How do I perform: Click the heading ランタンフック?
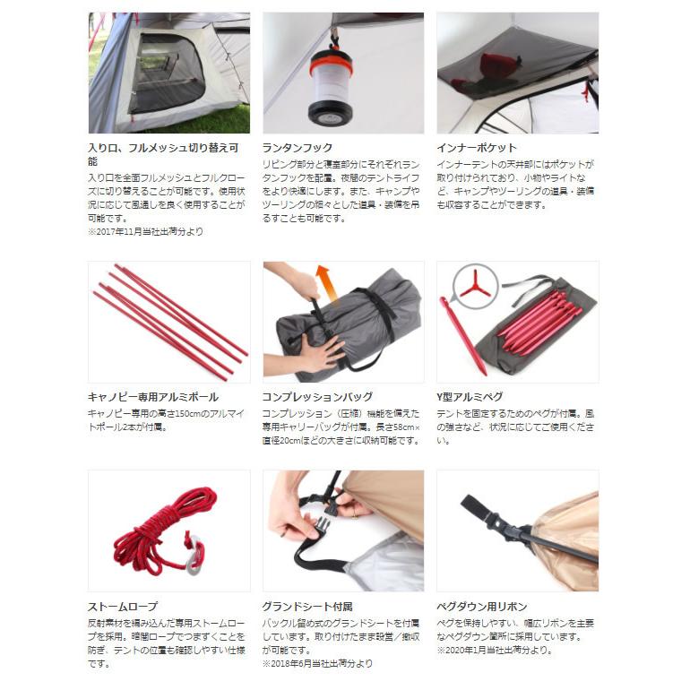point(297,148)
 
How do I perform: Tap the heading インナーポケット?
point(477,148)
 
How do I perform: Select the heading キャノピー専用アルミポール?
point(153,397)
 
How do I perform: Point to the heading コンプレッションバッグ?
point(318,397)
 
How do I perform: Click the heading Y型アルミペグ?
point(470,397)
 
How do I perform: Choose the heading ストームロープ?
point(122,607)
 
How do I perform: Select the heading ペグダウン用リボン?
point(482,607)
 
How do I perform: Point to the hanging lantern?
point(331,88)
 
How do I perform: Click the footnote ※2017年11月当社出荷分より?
point(146,231)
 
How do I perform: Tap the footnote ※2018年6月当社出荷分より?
point(317,664)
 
